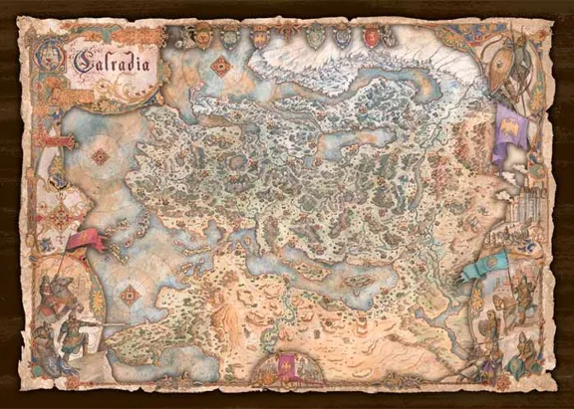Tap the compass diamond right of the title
(x=219, y=67)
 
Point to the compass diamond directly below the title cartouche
(x=100, y=156)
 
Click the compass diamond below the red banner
(x=130, y=295)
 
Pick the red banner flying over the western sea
(x=86, y=241)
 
